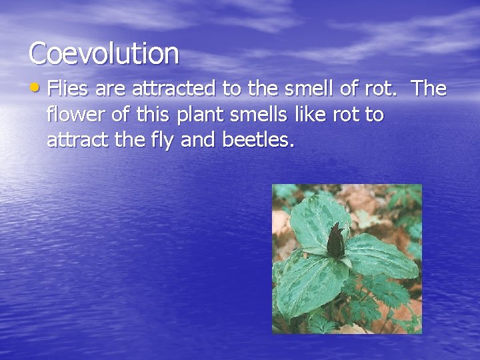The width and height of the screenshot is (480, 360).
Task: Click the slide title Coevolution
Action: click(104, 53)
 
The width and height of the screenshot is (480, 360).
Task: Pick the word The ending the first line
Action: click(430, 88)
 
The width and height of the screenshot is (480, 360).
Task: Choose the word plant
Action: click(201, 115)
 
